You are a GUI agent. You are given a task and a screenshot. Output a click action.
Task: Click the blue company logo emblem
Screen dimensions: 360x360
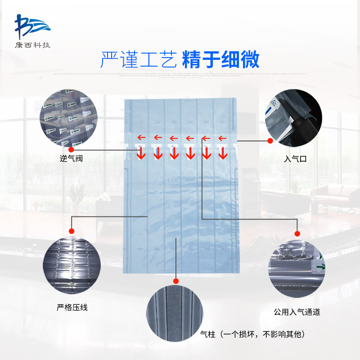tap(32, 27)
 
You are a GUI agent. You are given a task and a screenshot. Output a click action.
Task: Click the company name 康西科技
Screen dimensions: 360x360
tap(32, 45)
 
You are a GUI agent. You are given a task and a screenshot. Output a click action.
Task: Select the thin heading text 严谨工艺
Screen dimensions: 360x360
tap(139, 60)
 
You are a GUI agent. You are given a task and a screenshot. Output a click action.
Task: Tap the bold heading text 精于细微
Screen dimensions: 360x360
tap(220, 60)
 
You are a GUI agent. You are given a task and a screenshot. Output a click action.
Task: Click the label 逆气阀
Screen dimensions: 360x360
tap(71, 158)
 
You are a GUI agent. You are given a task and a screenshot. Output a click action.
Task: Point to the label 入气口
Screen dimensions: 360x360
tap(295, 159)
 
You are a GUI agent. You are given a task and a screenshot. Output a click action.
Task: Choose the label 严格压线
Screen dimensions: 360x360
tap(72, 307)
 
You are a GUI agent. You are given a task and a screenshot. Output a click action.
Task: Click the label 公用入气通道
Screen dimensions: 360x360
tap(297, 312)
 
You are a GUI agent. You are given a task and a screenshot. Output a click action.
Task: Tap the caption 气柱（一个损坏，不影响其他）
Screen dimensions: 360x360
tap(252, 334)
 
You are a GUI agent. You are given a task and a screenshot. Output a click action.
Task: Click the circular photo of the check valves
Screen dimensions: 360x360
tap(69, 118)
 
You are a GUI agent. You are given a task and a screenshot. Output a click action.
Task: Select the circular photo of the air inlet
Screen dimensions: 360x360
tap(293, 118)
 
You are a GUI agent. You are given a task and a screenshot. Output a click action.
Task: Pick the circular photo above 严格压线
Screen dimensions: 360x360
tap(72, 265)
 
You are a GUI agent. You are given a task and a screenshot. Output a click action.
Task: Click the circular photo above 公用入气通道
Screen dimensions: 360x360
tap(297, 269)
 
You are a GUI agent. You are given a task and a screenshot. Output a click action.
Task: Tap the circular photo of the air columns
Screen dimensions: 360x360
tap(175, 313)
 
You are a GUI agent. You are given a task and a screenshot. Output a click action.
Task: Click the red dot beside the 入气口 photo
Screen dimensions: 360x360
tap(270, 141)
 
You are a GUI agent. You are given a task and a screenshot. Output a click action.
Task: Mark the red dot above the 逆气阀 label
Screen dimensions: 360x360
tap(71, 150)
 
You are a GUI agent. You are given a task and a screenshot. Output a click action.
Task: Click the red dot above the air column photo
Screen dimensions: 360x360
tap(176, 281)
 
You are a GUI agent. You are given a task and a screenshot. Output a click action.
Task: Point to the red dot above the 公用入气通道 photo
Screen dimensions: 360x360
tap(297, 234)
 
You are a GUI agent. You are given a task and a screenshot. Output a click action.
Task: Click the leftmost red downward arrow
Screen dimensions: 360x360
tap(141, 153)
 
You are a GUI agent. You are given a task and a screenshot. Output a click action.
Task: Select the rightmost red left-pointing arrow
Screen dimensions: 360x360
tap(222, 138)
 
